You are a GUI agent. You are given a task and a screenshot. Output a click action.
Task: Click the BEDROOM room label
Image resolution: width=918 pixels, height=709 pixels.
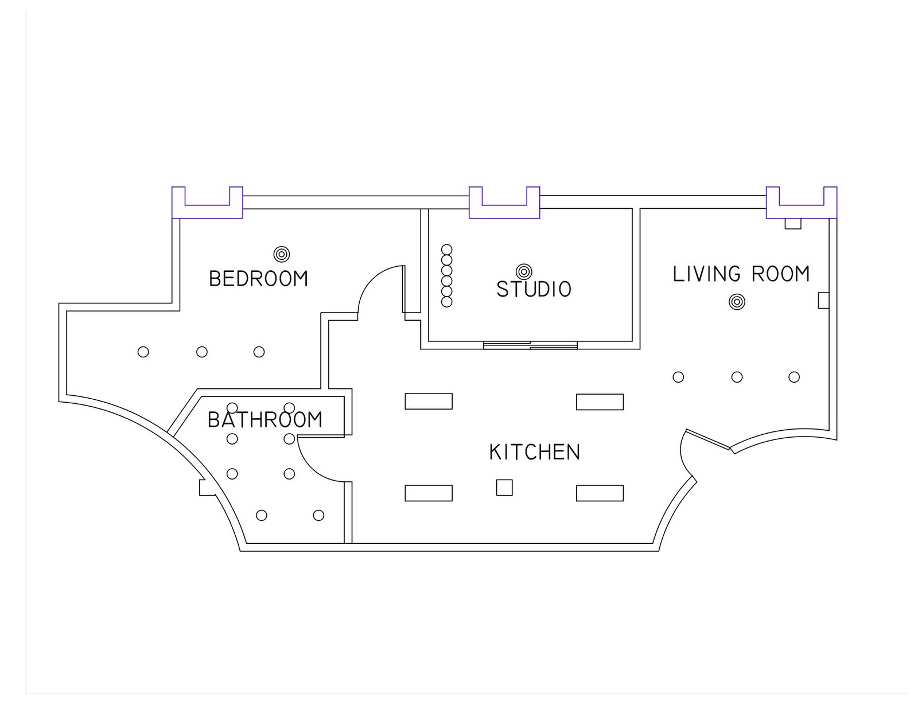tap(259, 279)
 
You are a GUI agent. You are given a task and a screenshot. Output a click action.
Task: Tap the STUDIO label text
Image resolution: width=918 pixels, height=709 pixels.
tap(534, 289)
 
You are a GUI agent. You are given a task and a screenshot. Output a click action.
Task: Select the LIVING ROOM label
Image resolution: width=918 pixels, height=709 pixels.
tap(741, 274)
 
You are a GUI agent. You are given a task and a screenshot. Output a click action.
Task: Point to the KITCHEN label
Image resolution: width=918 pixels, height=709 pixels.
tap(535, 452)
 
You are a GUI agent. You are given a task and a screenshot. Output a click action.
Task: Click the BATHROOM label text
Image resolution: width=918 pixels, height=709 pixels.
tap(265, 420)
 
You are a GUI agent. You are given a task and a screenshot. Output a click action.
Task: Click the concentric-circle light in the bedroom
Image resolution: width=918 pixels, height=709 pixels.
tap(281, 254)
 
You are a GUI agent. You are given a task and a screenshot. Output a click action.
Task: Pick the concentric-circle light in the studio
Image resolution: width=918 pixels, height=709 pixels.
tap(524, 271)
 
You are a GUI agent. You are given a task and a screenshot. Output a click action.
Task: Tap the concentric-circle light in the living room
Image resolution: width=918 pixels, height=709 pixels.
tap(737, 302)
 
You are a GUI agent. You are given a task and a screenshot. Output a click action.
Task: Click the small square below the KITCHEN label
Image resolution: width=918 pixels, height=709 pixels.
tap(504, 488)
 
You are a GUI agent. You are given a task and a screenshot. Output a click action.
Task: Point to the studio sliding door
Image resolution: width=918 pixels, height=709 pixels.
tap(530, 345)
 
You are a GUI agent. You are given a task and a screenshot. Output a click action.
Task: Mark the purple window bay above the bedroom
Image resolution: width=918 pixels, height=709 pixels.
tap(207, 202)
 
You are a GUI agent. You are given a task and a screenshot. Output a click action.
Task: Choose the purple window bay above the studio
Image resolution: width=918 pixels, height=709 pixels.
tap(504, 202)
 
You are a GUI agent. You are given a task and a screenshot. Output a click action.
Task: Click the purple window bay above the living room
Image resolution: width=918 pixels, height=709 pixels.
tap(802, 202)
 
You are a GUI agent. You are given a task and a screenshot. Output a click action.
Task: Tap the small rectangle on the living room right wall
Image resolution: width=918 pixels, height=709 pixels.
tap(823, 300)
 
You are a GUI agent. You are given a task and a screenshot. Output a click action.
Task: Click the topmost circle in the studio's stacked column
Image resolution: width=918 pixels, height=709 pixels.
tap(446, 250)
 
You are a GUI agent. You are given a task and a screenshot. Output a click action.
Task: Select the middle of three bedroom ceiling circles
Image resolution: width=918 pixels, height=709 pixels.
tap(202, 352)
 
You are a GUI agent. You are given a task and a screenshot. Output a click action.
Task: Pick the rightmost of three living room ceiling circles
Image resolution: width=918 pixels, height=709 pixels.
tap(794, 377)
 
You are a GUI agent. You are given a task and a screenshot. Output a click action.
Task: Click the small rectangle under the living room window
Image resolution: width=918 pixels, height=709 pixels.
tap(793, 224)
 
